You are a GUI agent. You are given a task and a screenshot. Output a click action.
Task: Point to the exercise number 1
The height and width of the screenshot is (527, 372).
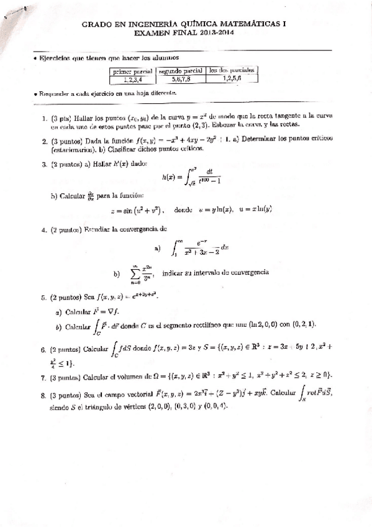[x=44, y=116]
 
